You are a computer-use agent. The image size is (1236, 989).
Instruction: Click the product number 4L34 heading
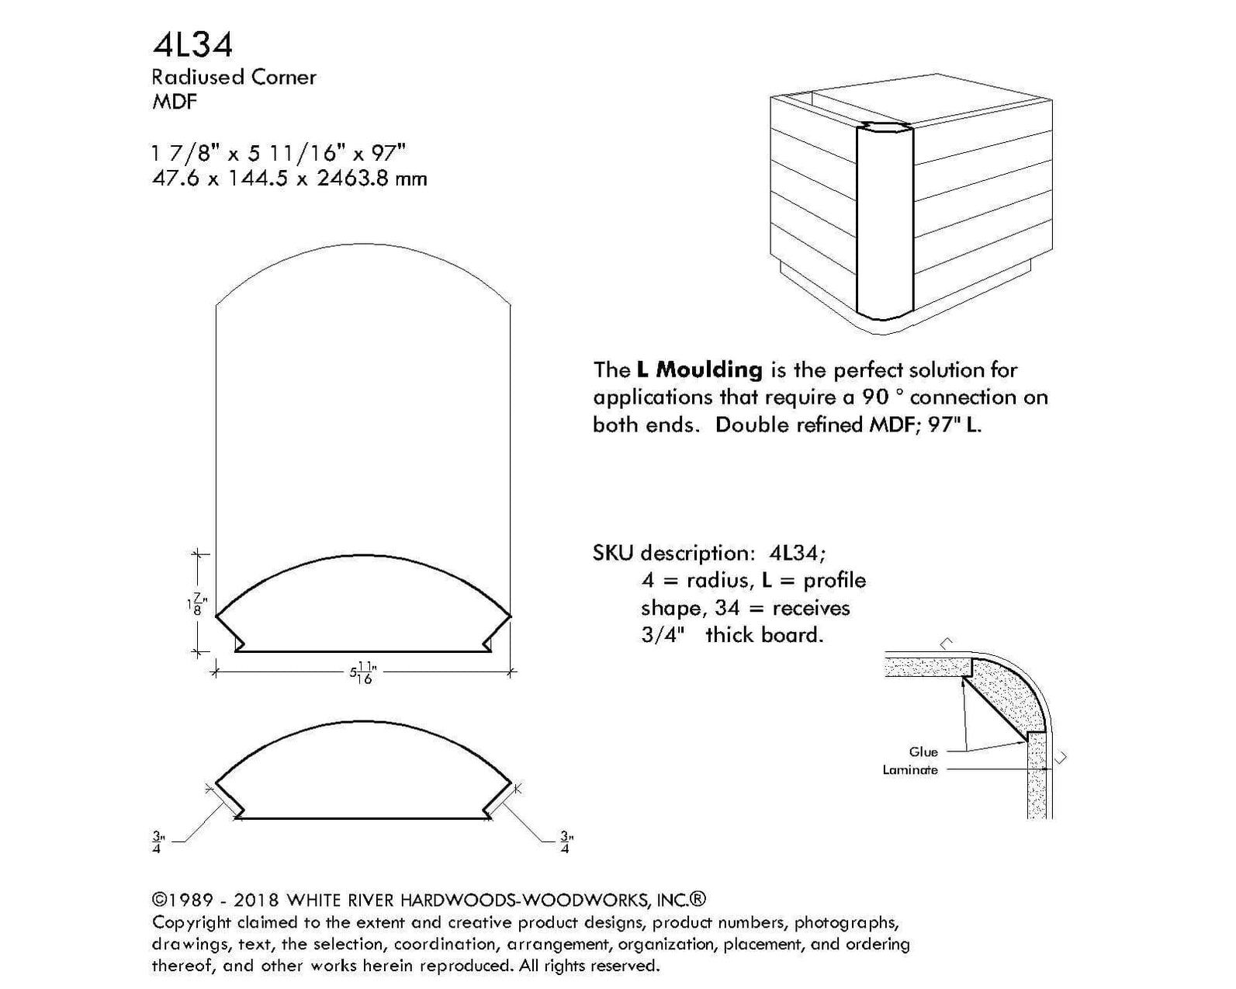coord(192,45)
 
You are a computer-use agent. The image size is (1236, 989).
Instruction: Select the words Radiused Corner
coord(234,77)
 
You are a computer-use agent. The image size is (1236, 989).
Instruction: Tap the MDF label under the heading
coord(175,102)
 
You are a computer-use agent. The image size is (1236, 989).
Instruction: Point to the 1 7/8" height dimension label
coord(197,603)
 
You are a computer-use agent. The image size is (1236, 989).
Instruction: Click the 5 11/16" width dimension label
coord(362,672)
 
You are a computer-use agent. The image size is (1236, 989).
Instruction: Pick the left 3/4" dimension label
coord(158,842)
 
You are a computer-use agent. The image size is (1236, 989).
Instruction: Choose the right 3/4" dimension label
coord(566,842)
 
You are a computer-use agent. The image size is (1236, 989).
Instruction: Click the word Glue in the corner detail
coord(923,751)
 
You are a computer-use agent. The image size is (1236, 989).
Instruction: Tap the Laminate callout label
coord(910,770)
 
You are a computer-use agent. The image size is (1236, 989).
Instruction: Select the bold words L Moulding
coord(699,370)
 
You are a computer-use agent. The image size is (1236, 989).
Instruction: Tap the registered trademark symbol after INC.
coord(698,900)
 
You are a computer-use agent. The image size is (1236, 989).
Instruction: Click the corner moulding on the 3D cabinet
coord(885,225)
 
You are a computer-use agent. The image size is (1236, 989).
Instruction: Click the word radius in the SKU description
coord(720,581)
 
